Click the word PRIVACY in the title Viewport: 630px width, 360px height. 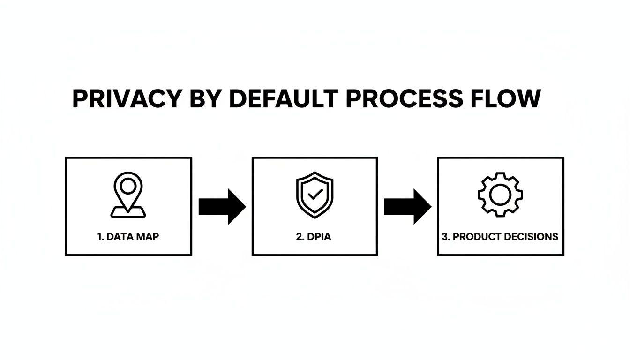point(127,99)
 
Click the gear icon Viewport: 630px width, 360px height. point(500,194)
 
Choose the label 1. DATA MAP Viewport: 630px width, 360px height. point(128,237)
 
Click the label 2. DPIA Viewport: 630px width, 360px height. point(314,237)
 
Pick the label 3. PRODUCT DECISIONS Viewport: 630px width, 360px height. point(500,237)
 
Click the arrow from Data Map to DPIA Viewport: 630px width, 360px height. point(222,207)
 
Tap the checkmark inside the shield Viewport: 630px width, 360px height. point(314,195)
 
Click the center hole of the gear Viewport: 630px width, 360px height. point(500,194)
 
